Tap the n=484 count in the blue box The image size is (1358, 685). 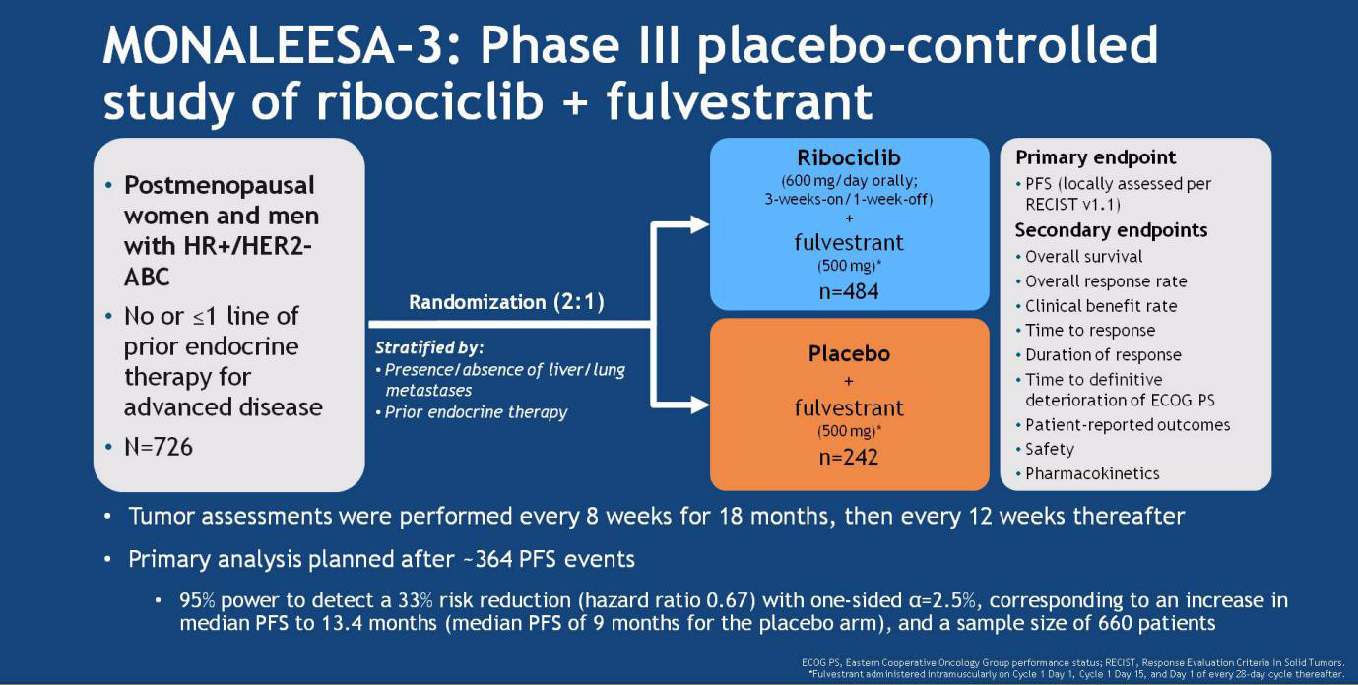coord(849,292)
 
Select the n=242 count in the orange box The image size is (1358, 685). coord(849,458)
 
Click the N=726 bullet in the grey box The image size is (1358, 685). coord(159,447)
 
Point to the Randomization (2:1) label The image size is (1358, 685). coord(507,302)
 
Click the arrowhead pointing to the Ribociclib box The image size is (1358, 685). coord(700,224)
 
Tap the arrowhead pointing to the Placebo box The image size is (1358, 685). coord(700,405)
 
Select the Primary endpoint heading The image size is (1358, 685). coord(1095,157)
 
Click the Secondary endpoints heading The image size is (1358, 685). coord(1111,230)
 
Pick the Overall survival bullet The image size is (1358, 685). coord(1083,257)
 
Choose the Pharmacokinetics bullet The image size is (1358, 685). coord(1092,473)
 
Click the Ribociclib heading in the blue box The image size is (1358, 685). coord(849,157)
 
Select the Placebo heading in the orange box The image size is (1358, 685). coord(849,353)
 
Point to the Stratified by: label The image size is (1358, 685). coord(429,347)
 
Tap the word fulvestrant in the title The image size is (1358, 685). coord(739,100)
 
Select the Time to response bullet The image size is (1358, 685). coord(1090,330)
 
